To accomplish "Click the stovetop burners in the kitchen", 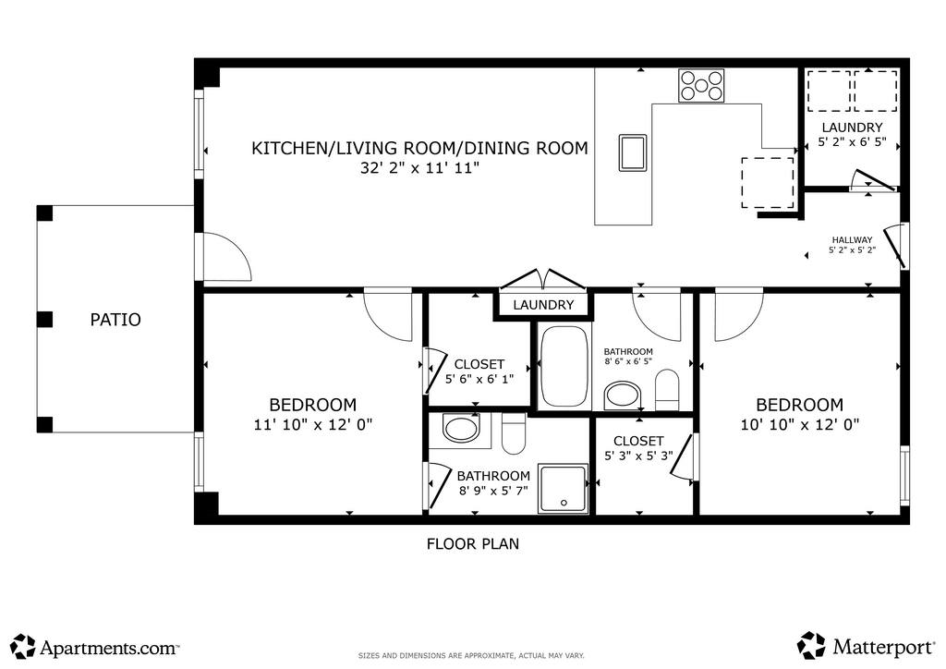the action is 701,86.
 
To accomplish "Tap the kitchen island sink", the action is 632,152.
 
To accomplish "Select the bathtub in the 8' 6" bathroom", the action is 564,366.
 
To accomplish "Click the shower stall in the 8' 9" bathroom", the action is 563,489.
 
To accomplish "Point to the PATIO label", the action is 115,320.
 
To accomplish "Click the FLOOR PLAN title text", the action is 472,544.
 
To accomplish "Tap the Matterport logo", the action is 866,647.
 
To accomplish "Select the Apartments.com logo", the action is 95,647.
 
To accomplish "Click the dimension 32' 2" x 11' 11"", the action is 420,167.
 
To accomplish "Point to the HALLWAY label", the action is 852,240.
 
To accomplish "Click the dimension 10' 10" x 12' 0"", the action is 799,425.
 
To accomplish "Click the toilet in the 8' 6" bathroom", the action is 667,389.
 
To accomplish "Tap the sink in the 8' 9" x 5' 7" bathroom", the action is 461,429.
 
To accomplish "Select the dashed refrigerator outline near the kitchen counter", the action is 768,183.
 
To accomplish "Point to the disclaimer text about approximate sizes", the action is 471,656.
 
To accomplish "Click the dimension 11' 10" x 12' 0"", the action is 313,425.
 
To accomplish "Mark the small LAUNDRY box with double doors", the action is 543,305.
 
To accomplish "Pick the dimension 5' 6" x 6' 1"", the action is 479,380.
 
